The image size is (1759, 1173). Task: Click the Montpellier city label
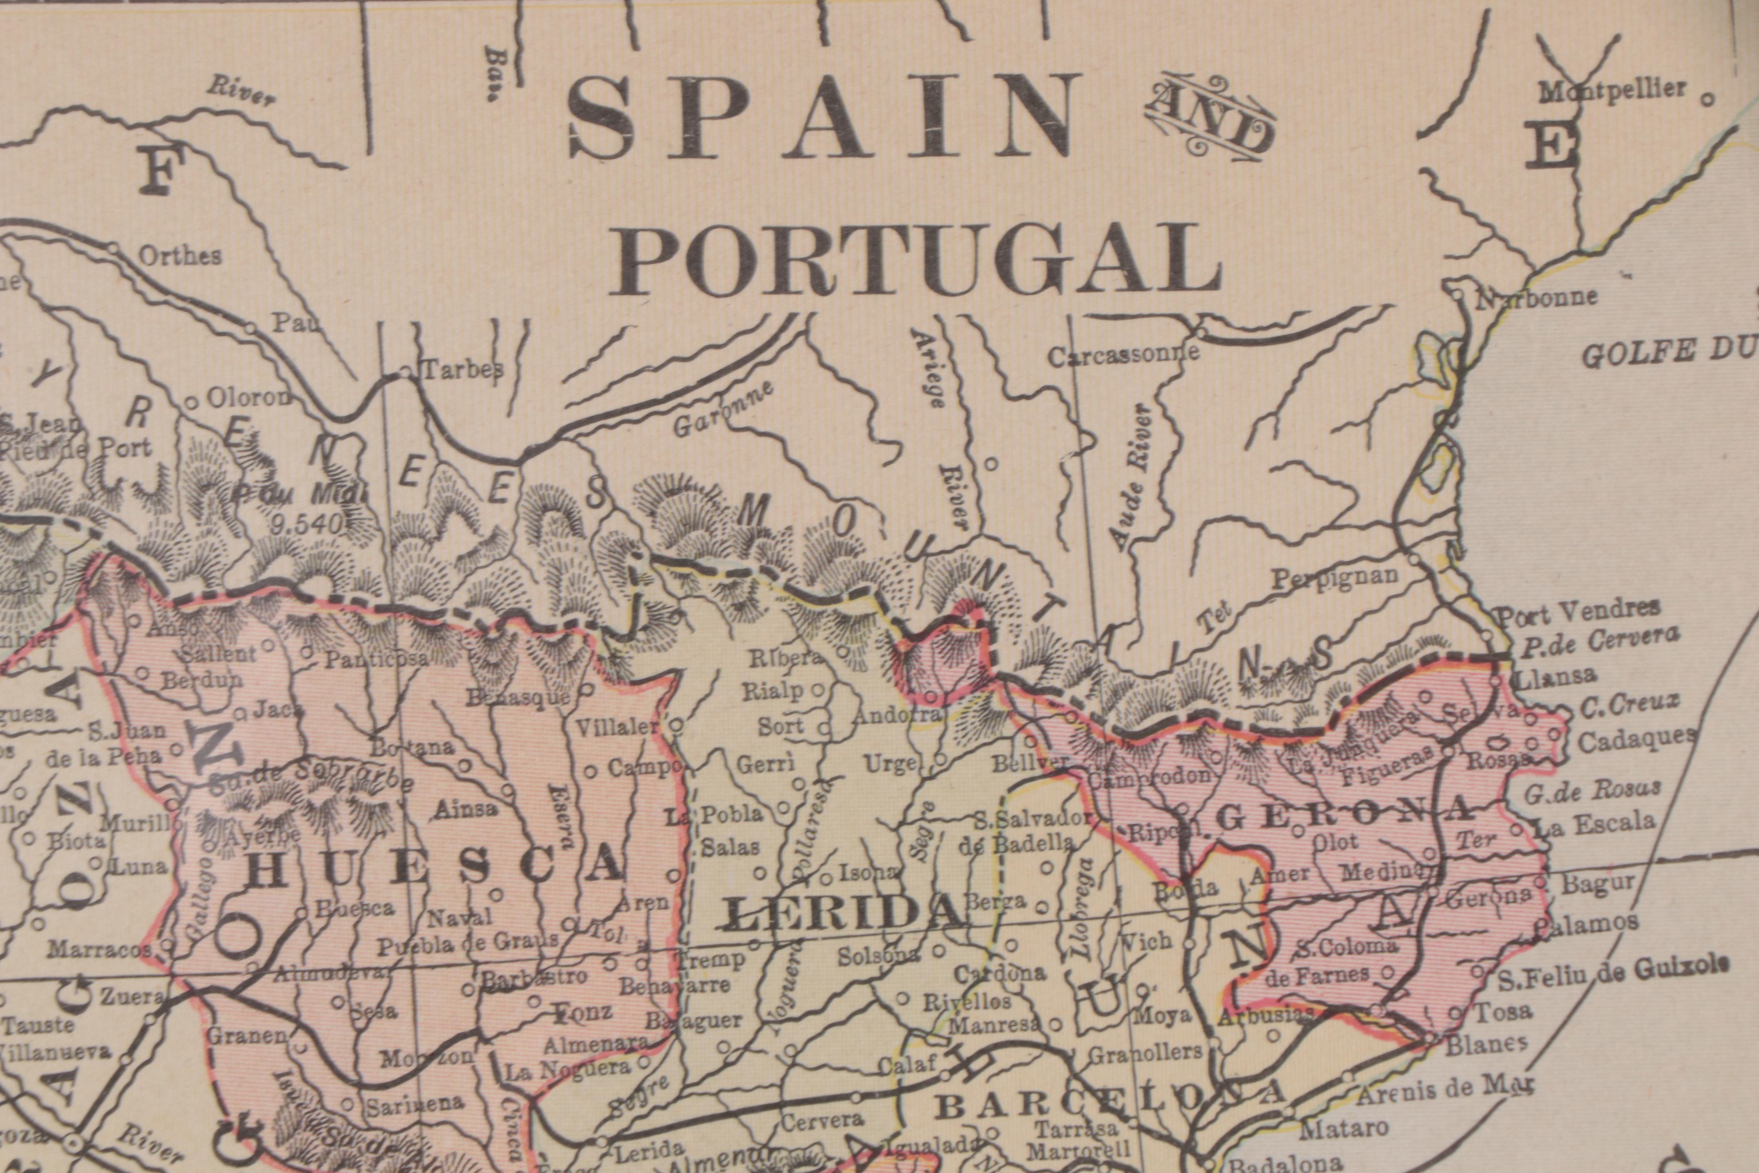1612,91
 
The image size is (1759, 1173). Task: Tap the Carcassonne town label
1122,356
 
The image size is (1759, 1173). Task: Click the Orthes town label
180,256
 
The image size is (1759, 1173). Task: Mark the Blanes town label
1486,1044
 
